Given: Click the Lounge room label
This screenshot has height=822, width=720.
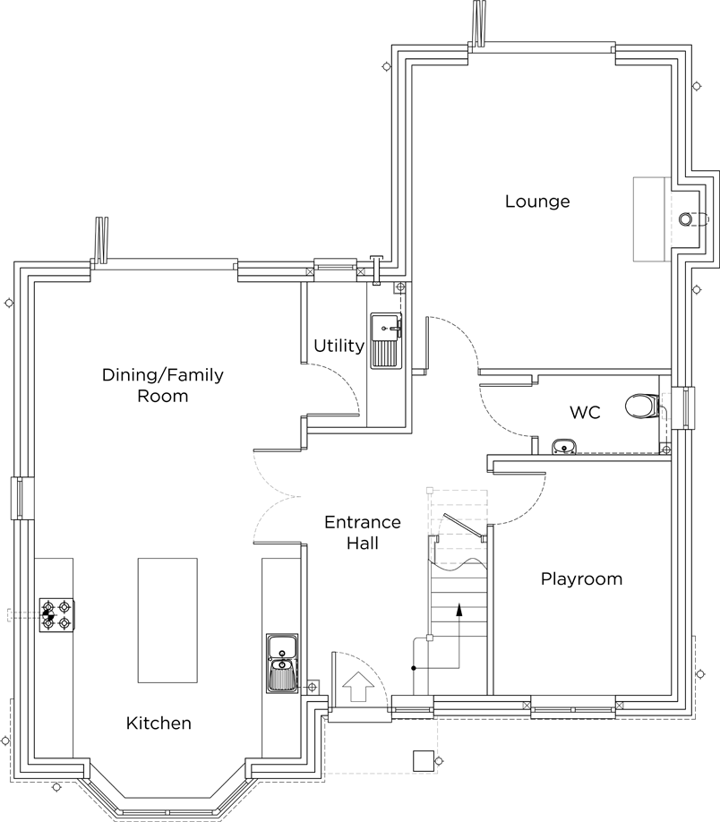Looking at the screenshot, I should click(537, 201).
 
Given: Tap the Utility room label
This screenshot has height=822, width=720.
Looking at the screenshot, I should click(339, 346).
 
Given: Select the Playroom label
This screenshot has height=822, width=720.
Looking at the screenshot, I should click(581, 579).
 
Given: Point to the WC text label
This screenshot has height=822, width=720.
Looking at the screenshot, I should click(585, 413).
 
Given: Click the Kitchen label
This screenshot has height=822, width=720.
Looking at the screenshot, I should click(159, 723).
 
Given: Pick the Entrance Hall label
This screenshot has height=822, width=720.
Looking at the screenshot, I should click(362, 532).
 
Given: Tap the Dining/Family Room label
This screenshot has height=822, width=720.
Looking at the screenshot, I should click(162, 385).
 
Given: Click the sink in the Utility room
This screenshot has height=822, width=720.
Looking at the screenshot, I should click(386, 339).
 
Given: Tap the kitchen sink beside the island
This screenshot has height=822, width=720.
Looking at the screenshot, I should click(280, 663).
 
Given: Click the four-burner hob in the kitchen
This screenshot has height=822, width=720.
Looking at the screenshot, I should click(56, 616).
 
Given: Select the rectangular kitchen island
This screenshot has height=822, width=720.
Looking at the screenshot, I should click(167, 620).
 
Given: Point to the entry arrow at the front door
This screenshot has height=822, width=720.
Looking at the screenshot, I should click(357, 687).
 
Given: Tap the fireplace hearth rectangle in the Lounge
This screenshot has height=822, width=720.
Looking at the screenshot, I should click(650, 218).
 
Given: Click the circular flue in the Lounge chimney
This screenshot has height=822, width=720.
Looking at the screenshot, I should click(687, 218).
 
